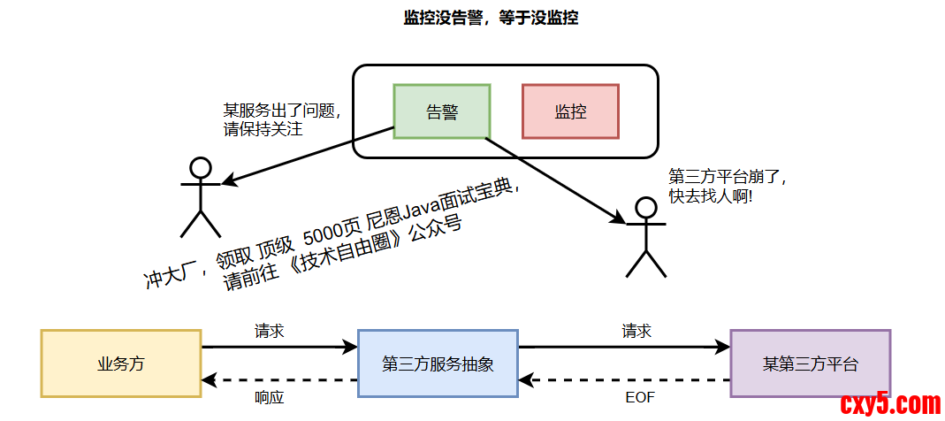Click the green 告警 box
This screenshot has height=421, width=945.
[x=441, y=111]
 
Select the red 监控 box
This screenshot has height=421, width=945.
[x=570, y=111]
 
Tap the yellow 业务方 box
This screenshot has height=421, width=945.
[x=121, y=364]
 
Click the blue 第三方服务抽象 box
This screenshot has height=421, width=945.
[x=438, y=364]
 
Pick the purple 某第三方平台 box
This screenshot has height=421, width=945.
[x=810, y=364]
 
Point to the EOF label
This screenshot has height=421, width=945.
[x=639, y=398]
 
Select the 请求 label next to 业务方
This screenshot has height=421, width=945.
[x=269, y=331]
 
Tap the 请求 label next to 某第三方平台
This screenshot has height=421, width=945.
[x=636, y=331]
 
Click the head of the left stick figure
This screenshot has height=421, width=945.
[x=201, y=167]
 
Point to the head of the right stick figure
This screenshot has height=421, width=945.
[x=646, y=208]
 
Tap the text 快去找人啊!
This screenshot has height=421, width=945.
[x=711, y=195]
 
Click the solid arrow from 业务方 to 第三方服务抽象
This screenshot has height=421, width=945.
[x=279, y=348]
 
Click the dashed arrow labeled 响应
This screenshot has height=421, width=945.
[x=279, y=381]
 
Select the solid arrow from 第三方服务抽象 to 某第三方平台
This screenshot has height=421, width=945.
[x=624, y=348]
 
